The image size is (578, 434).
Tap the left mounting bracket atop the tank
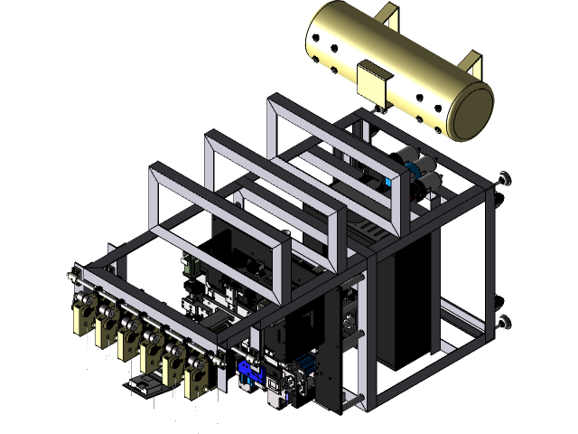(x=387, y=14)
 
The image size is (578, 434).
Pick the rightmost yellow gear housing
(x=197, y=379)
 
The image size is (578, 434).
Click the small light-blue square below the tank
(x=388, y=182)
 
